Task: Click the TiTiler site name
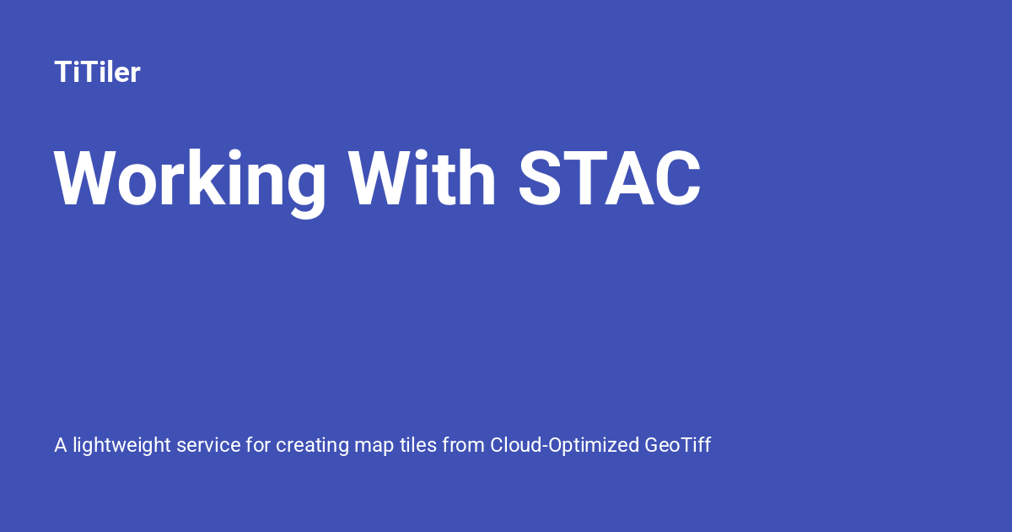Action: point(97,73)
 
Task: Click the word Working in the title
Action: point(191,180)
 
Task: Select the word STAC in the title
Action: point(610,180)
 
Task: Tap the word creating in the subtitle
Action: point(309,445)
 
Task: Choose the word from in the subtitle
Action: point(462,445)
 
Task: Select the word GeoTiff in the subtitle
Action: point(678,445)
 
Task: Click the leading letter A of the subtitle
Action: point(61,445)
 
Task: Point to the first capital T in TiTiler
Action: point(62,73)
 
